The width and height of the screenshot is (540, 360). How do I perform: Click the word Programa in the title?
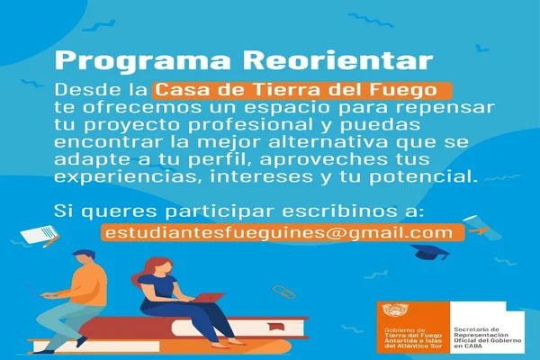(142, 62)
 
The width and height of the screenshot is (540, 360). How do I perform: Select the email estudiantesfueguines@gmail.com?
(279, 232)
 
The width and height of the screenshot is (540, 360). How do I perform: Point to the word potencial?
(424, 176)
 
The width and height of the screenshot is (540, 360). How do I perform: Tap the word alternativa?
(328, 142)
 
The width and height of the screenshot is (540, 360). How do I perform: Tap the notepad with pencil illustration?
(39, 235)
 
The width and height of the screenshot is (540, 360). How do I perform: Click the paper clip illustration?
(284, 292)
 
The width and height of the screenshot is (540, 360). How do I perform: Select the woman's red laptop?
(207, 297)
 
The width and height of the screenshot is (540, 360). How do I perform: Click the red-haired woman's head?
(160, 266)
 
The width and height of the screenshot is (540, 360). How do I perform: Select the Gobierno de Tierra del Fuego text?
(413, 337)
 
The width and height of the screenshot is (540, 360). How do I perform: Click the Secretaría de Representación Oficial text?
(487, 337)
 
